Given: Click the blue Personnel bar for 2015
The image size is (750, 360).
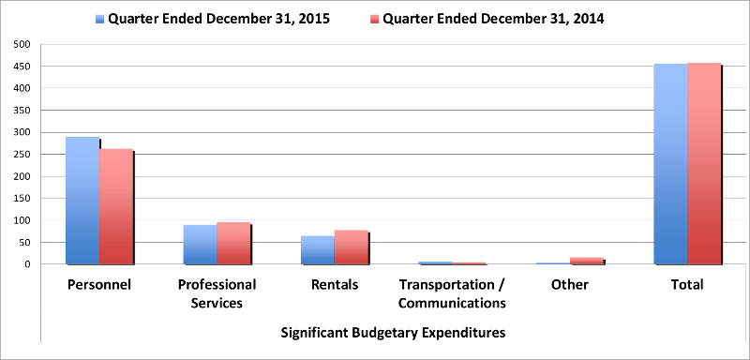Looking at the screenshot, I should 82,201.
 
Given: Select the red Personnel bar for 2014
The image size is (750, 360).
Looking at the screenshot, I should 115,207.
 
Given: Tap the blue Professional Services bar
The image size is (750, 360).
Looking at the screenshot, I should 200,245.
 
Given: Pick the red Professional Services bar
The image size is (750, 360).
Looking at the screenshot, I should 233,244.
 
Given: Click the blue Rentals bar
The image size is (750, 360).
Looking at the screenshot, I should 318,250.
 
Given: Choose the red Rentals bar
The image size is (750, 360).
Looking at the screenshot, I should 351,247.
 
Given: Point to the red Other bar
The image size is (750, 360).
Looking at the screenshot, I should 587,261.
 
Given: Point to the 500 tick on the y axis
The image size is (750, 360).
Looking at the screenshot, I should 22,44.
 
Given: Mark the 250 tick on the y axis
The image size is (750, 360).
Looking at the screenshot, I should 22,155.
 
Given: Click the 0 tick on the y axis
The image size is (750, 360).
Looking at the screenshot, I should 28,264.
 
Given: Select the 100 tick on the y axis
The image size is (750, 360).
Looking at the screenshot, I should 22,220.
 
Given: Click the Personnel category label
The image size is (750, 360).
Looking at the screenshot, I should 98,284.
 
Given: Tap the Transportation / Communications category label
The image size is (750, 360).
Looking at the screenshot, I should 452,293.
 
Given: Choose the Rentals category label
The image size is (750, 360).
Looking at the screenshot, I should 334,284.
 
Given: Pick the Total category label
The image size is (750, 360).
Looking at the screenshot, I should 687,284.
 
